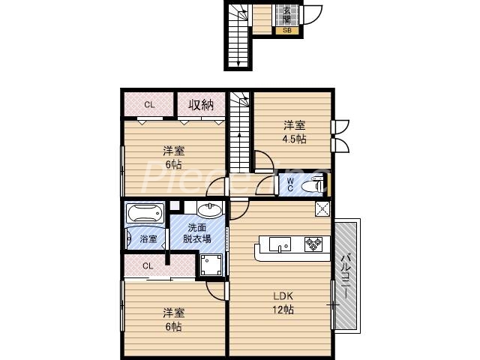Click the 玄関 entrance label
pyautogui.click(x=287, y=14)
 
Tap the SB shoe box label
pyautogui.click(x=287, y=31)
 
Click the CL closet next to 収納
pyautogui.click(x=149, y=104)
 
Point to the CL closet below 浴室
pyautogui.click(x=148, y=265)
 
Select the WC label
pyautogui.click(x=289, y=185)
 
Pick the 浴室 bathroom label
pyautogui.click(x=148, y=239)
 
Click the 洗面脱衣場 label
pyautogui.click(x=199, y=233)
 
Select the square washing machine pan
pyautogui.click(x=211, y=264)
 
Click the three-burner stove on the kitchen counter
pyautogui.click(x=313, y=243)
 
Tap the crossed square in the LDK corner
pyautogui.click(x=322, y=209)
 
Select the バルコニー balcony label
pyautogui.click(x=346, y=275)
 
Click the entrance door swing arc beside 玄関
pyautogui.click(x=313, y=16)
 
